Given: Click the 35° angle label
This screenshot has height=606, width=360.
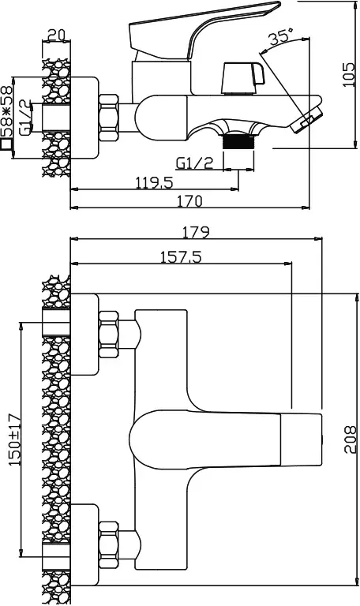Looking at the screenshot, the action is pyautogui.click(x=279, y=39).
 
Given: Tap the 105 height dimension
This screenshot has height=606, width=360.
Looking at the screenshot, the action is pyautogui.click(x=349, y=74).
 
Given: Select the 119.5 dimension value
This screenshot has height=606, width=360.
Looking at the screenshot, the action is pyautogui.click(x=154, y=182).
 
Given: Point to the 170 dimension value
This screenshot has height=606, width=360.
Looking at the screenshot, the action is pyautogui.click(x=189, y=201).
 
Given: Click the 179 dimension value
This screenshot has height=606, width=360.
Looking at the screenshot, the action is pyautogui.click(x=196, y=232).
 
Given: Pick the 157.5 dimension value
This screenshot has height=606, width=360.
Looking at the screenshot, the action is pyautogui.click(x=182, y=256).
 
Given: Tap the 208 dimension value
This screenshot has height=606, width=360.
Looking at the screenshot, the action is pyautogui.click(x=350, y=440).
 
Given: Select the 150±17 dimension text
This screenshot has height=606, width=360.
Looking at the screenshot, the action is pyautogui.click(x=16, y=440).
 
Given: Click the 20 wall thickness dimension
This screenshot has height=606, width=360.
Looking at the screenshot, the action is pyautogui.click(x=57, y=36).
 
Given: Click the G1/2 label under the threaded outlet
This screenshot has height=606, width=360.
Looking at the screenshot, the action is pyautogui.click(x=195, y=163).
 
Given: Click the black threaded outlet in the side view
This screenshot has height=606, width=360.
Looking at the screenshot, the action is pyautogui.click(x=239, y=140).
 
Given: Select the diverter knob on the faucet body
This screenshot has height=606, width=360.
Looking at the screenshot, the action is pyautogui.click(x=243, y=78).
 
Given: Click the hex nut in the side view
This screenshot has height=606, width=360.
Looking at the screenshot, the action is pyautogui.click(x=108, y=118).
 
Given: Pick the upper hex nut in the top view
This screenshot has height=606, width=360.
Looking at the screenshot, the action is pyautogui.click(x=108, y=335).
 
